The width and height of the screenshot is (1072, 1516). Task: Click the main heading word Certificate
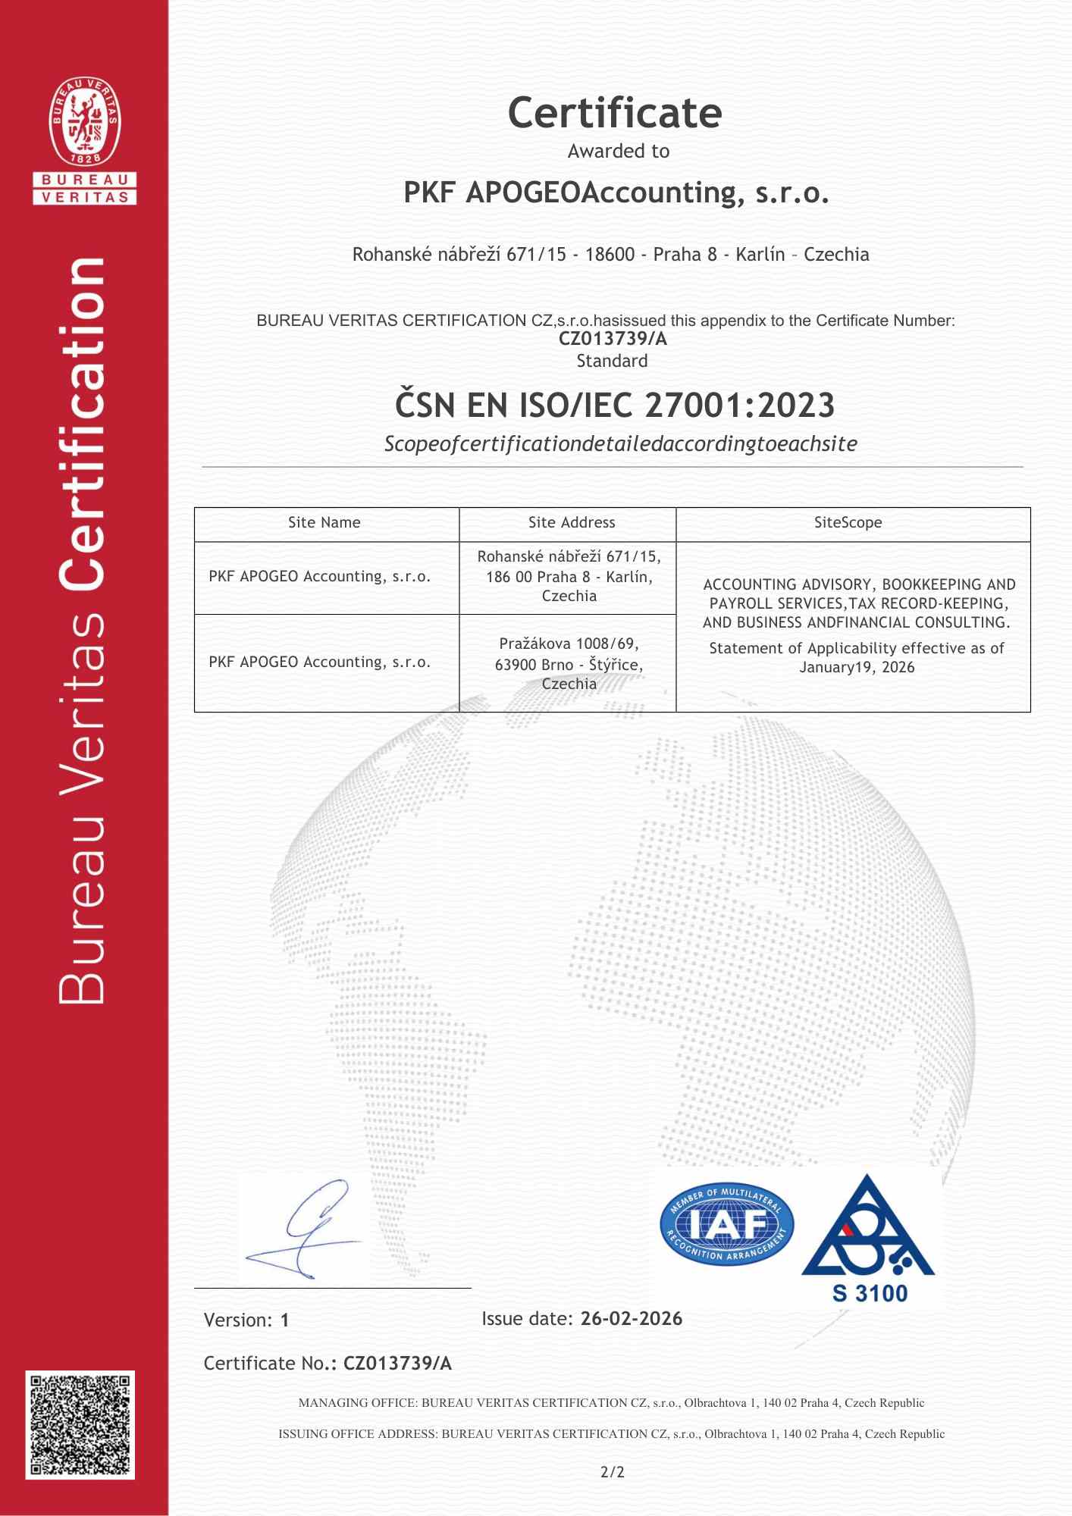pyautogui.click(x=614, y=114)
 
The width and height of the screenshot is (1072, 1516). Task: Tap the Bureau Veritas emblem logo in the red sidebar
pyautogui.click(x=85, y=124)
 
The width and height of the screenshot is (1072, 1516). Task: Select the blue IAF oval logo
pyautogui.click(x=726, y=1226)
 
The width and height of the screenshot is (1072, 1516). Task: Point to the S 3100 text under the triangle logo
pyautogui.click(x=870, y=1292)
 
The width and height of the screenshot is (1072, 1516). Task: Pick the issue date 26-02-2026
pyautogui.click(x=631, y=1319)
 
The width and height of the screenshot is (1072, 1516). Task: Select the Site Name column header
pyautogui.click(x=324, y=522)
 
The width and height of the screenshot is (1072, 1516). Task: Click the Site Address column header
pyautogui.click(x=572, y=522)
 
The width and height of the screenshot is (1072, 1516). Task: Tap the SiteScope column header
pyautogui.click(x=848, y=522)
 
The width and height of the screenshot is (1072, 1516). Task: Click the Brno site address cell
pyautogui.click(x=569, y=663)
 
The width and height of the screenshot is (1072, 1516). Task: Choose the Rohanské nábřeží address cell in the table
pyautogui.click(x=569, y=576)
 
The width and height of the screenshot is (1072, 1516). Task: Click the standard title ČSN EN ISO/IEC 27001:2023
pyautogui.click(x=614, y=405)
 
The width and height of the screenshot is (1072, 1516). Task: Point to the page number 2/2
pyautogui.click(x=612, y=1472)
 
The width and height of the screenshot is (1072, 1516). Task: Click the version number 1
pyautogui.click(x=285, y=1320)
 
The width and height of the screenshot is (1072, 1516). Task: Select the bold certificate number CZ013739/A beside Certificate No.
pyautogui.click(x=397, y=1364)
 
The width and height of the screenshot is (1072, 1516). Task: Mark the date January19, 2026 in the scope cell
pyautogui.click(x=857, y=667)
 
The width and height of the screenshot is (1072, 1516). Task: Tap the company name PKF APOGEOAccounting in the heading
pyautogui.click(x=616, y=193)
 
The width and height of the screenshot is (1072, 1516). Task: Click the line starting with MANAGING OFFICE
pyautogui.click(x=611, y=1402)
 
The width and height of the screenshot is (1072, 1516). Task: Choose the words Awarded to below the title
pyautogui.click(x=619, y=151)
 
